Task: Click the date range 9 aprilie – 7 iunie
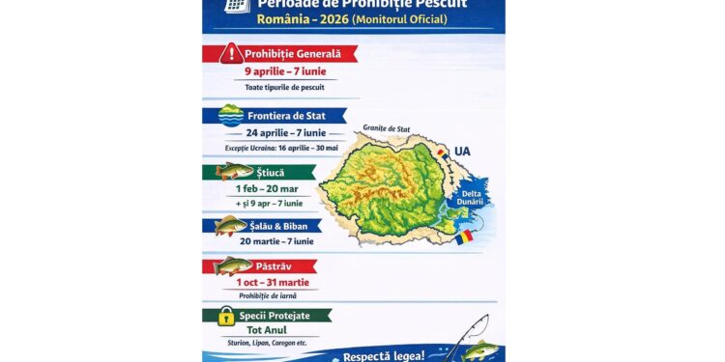coord(279,71)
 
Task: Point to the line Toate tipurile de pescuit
coord(279,87)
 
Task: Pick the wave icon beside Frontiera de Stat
coord(231,116)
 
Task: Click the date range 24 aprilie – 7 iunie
coord(279,133)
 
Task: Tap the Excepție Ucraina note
coord(281,148)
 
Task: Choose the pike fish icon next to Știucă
coord(233,172)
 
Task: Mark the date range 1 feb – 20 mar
coord(272,189)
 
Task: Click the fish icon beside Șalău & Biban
coord(230,226)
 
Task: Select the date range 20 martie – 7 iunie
coord(277,241)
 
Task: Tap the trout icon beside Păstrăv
coord(233,265)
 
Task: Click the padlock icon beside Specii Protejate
coord(225,316)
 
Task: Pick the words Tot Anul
coord(266,330)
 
